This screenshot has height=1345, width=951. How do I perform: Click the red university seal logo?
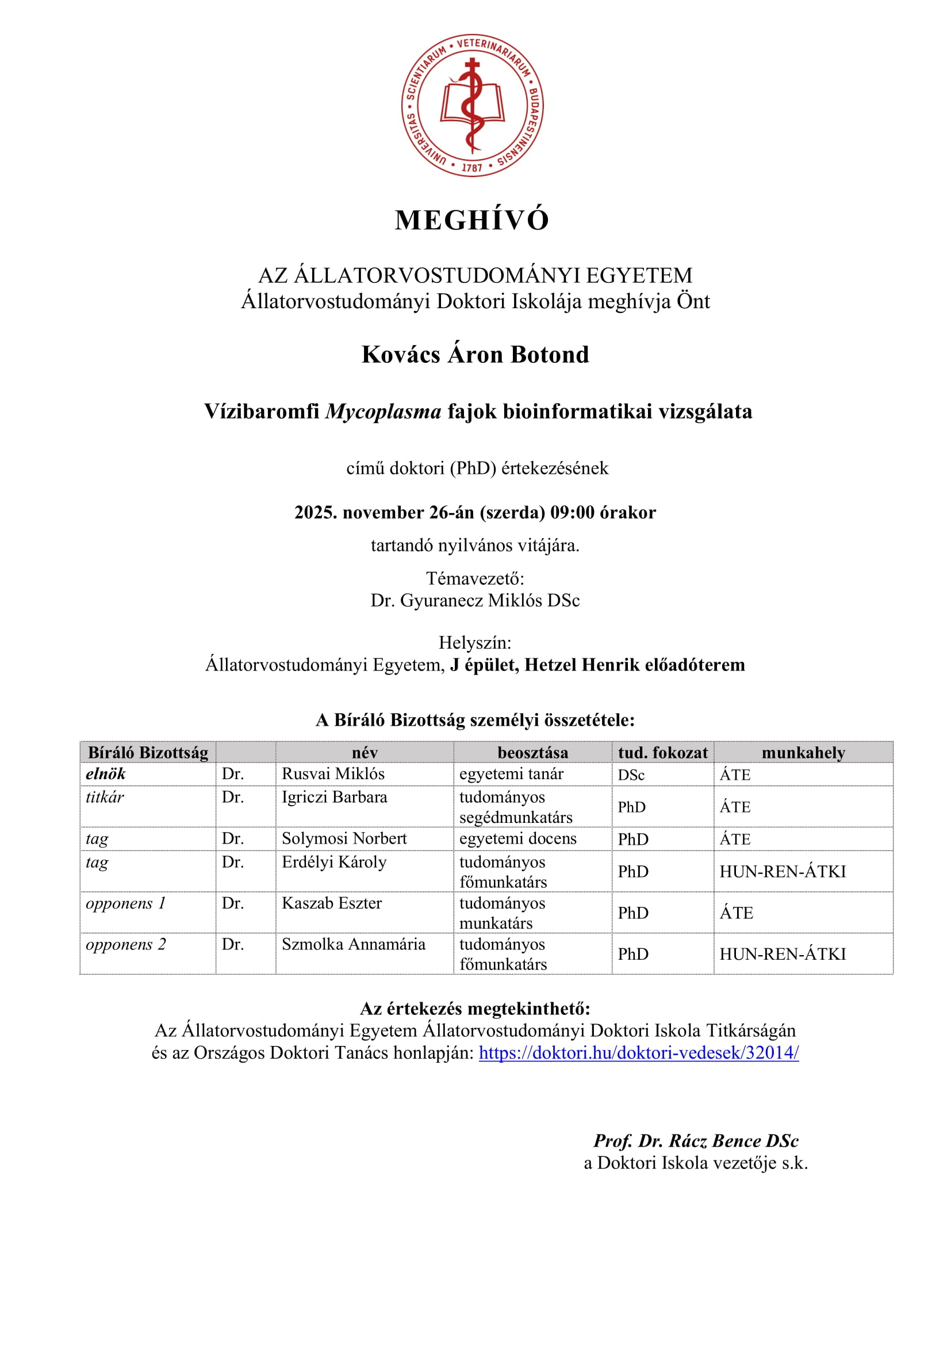click(x=472, y=105)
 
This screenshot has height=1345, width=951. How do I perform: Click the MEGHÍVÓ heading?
click(x=472, y=221)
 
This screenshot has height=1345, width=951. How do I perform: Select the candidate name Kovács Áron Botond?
click(x=475, y=355)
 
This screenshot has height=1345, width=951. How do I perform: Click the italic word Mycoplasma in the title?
click(x=383, y=412)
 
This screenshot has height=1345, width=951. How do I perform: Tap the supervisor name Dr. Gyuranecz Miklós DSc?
click(x=475, y=600)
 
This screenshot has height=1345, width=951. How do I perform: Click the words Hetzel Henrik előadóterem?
click(x=634, y=665)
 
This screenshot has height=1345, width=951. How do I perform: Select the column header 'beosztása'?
click(x=532, y=753)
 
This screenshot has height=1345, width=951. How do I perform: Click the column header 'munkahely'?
click(x=803, y=753)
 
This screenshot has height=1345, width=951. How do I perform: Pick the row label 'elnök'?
click(x=106, y=774)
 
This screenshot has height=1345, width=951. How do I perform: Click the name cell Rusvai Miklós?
click(x=333, y=774)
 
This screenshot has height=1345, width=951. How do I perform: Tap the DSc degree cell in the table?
click(x=631, y=775)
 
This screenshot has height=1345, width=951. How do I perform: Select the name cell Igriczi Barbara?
click(x=335, y=797)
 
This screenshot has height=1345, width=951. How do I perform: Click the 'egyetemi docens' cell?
click(x=517, y=839)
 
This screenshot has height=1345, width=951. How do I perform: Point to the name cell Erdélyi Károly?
click(x=334, y=863)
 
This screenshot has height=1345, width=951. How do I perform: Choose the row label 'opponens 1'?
click(x=126, y=903)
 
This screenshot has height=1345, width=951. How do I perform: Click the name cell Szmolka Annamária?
click(x=353, y=944)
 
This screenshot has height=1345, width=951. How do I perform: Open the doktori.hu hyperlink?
click(x=638, y=1053)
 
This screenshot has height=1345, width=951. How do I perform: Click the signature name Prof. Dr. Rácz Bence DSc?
click(x=696, y=1141)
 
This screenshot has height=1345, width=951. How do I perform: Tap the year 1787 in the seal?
click(x=472, y=167)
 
